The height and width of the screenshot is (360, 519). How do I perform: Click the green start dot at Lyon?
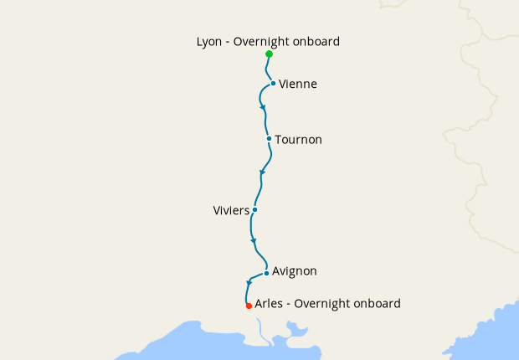click(269, 54)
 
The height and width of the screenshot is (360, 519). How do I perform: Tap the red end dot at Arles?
click(249, 306)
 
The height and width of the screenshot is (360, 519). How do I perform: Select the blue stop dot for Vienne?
click(274, 84)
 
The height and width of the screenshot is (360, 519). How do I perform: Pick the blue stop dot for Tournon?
click(268, 139)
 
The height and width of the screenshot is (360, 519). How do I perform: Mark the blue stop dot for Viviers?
click(254, 209)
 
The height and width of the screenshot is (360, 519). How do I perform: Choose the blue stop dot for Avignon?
click(266, 273)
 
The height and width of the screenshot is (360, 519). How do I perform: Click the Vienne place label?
click(298, 85)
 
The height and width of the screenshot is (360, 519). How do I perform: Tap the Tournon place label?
click(298, 140)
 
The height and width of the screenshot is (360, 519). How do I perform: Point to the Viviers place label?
click(231, 210)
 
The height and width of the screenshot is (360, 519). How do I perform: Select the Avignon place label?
click(295, 271)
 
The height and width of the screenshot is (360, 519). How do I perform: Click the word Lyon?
click(209, 41)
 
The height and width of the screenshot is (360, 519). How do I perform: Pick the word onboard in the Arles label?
click(376, 304)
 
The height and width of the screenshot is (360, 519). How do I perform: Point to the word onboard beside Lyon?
click(317, 41)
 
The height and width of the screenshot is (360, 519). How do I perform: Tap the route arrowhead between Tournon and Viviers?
click(263, 172)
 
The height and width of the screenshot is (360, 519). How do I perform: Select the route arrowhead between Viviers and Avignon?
click(253, 242)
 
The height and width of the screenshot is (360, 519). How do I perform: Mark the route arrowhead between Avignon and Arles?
click(249, 282)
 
